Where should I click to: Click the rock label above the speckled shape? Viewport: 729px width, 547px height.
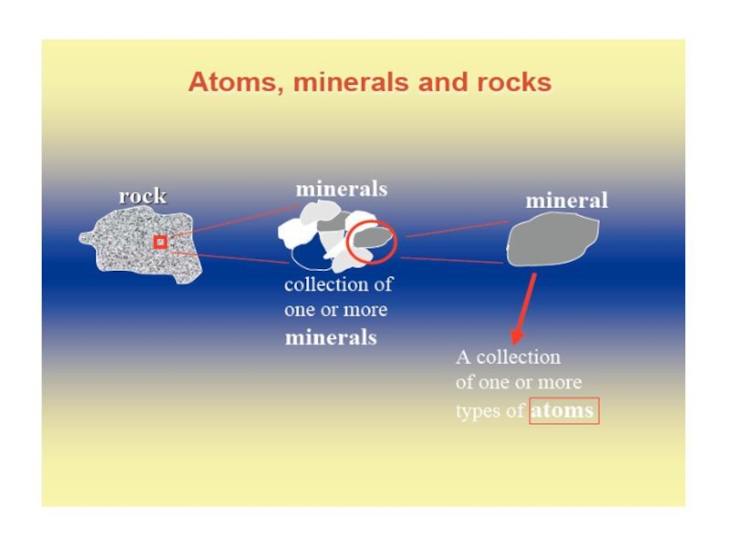(x=142, y=196)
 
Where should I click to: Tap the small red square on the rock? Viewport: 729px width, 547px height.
(x=159, y=242)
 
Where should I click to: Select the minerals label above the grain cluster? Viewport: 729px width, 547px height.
(x=341, y=189)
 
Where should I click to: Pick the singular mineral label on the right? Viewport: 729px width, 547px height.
(x=566, y=200)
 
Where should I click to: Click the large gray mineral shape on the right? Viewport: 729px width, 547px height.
(x=551, y=241)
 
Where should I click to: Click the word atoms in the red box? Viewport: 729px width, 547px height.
(x=563, y=410)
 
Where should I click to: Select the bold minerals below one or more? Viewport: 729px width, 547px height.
(x=331, y=337)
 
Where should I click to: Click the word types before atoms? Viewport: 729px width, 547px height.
(x=477, y=412)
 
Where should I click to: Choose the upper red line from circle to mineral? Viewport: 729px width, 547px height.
(x=456, y=228)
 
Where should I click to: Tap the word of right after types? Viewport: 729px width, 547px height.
(x=515, y=411)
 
